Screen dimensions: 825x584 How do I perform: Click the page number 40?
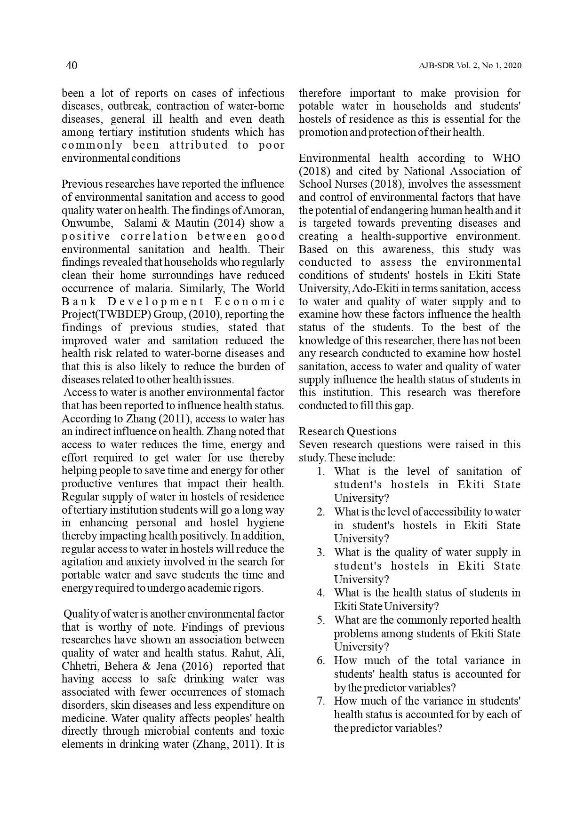pyautogui.click(x=71, y=65)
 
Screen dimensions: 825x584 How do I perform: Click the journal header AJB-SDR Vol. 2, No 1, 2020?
pyautogui.click(x=470, y=66)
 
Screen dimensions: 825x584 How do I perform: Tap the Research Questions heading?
pyautogui.click(x=347, y=431)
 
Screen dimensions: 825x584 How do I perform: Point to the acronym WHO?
pyautogui.click(x=506, y=158)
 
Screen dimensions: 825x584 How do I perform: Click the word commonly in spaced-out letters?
pyautogui.click(x=92, y=145)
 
